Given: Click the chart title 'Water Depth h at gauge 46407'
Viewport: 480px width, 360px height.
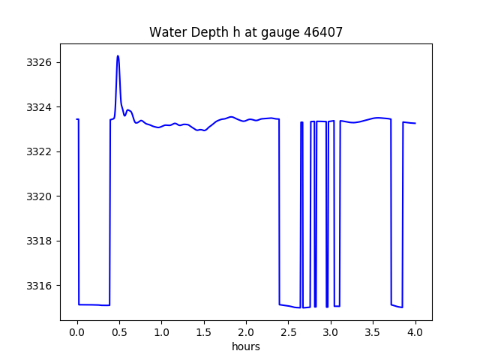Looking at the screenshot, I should click(x=246, y=32).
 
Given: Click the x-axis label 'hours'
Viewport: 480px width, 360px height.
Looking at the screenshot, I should click(x=246, y=347).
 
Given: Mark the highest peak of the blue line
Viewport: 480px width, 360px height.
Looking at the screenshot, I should click(x=118, y=56).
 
